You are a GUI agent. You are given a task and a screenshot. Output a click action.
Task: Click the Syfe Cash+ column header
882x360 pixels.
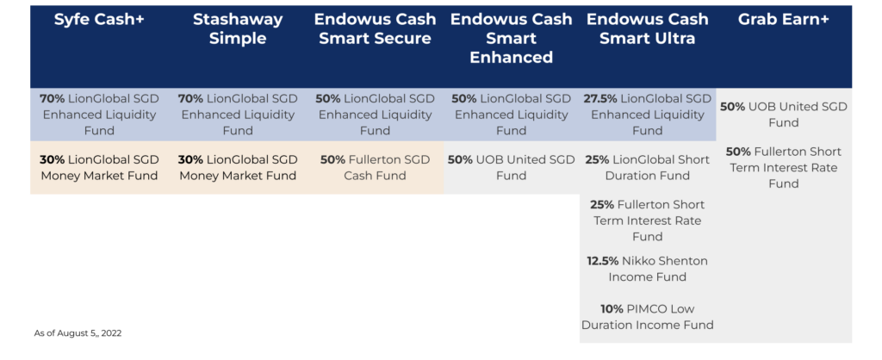[99, 19]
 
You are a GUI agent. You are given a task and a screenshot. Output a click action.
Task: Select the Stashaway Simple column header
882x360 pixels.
[238, 28]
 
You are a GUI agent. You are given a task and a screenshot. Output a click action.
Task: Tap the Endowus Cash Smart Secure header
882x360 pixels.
[375, 28]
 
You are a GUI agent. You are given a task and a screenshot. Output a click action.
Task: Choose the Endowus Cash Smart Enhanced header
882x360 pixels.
[512, 38]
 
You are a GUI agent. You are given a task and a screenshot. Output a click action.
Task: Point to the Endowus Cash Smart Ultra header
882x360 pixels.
[648, 28]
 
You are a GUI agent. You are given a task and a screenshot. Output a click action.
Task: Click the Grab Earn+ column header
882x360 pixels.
[784, 19]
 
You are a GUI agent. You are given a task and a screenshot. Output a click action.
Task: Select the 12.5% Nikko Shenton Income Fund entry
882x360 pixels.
[648, 269]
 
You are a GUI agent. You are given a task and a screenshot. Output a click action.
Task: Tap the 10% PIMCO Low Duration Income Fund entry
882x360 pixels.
[648, 317]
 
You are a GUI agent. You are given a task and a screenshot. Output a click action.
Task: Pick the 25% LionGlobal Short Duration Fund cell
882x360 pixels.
[648, 168]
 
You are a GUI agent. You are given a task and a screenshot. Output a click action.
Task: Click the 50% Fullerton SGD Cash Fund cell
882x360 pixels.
[375, 168]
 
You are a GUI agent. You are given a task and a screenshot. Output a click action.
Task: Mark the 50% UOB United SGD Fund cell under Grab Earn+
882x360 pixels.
[784, 115]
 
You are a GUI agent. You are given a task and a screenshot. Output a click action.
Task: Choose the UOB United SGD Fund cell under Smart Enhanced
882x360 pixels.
[512, 168]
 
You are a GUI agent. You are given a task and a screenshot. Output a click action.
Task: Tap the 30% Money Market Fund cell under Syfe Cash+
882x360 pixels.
[99, 168]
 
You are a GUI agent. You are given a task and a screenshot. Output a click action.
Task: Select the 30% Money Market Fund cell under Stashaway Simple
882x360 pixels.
[238, 168]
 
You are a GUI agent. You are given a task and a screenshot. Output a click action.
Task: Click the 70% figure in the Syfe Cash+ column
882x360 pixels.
[53, 99]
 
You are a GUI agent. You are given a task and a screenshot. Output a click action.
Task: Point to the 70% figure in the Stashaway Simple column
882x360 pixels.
[190, 99]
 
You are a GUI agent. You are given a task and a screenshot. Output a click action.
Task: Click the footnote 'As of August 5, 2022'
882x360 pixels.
[78, 333]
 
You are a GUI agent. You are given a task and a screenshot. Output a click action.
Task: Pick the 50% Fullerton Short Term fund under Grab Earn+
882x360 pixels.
[784, 168]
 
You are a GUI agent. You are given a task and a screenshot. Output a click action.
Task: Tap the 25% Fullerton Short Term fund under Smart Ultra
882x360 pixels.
[648, 220]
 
